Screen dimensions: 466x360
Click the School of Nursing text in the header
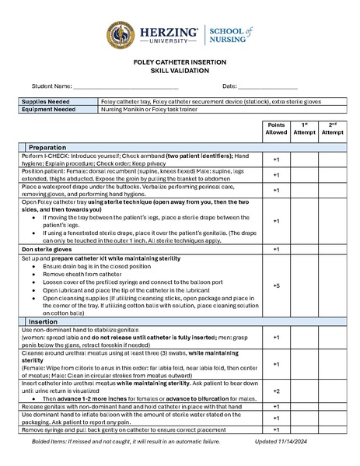230,36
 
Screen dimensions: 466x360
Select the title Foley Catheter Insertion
180,62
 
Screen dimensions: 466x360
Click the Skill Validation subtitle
180,70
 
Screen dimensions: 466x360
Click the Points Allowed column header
276,128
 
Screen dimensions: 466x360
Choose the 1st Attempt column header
304,128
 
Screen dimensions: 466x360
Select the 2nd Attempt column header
332,128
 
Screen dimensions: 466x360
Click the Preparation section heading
47,147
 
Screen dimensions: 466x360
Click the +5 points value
276,286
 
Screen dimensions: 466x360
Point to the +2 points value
276,391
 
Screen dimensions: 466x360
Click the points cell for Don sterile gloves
276,249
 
